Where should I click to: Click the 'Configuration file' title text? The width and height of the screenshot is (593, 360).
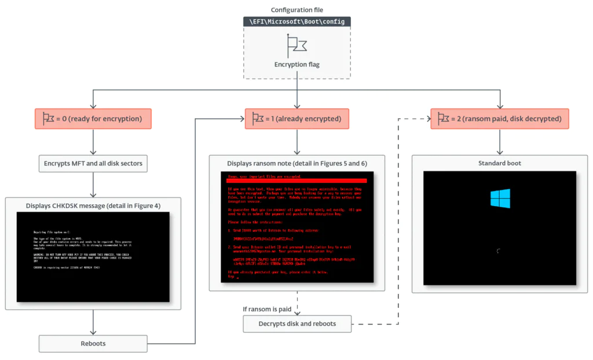click(x=297, y=10)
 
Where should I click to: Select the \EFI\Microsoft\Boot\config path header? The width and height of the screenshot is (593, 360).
click(x=297, y=21)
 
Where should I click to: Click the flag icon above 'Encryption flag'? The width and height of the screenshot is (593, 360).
click(x=297, y=44)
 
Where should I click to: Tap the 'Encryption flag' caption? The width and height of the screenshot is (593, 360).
click(x=297, y=65)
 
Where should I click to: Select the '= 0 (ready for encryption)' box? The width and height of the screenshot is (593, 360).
click(x=93, y=119)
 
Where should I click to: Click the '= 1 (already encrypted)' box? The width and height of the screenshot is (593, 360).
click(x=297, y=119)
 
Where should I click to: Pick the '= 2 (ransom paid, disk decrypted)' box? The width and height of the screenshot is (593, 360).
click(x=500, y=119)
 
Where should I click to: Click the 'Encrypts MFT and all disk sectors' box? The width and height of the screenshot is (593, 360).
click(x=93, y=164)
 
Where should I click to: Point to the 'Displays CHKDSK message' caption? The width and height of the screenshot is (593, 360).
click(x=93, y=205)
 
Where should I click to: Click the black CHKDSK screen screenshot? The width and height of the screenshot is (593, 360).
click(x=93, y=256)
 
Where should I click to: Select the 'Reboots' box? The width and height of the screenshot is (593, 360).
click(x=93, y=343)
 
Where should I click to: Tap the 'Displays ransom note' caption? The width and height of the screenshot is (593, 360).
click(x=297, y=164)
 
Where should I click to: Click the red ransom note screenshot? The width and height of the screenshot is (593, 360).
click(x=297, y=229)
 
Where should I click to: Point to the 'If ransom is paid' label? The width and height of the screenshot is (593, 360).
click(x=267, y=309)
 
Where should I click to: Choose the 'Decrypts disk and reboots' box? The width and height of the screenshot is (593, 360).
click(x=297, y=324)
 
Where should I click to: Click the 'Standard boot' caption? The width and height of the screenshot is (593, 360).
click(x=500, y=163)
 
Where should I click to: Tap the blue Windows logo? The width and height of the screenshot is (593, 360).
click(x=500, y=199)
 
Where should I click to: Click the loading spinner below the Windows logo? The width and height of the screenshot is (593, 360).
click(x=499, y=251)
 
